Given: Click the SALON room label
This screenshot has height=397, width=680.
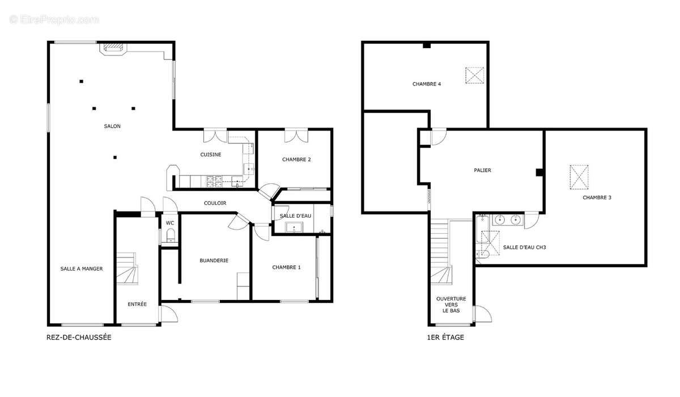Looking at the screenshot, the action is point(112,126).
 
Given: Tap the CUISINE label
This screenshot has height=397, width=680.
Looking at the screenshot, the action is point(211,155).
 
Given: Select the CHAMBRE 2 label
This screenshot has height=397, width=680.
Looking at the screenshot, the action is point(296,159).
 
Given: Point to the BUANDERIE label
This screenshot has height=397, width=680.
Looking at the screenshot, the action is point(214,260).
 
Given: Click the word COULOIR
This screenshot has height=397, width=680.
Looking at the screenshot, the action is point(215,203).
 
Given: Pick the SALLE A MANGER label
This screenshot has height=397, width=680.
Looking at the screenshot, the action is point(82,268).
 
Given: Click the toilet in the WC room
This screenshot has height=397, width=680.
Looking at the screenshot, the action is point(171,235).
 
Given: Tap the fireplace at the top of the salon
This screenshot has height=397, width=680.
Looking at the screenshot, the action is point(113,49).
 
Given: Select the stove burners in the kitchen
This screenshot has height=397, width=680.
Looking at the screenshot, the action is point(214,181).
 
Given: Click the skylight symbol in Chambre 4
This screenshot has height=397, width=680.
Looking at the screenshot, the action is point(475,75).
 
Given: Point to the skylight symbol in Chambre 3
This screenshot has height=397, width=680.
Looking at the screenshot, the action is point(579,177).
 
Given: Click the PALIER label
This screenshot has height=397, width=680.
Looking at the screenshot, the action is point(482,170).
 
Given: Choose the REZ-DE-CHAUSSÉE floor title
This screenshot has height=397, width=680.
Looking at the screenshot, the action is point(79,337).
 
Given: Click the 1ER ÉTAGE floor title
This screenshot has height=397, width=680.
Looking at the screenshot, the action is point(445,337).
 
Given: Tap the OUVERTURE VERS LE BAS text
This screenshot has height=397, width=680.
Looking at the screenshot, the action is point(451,305).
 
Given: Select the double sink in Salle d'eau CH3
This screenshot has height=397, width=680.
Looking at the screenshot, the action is point(508,219).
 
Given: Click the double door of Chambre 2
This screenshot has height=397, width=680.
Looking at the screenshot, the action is point(296,136).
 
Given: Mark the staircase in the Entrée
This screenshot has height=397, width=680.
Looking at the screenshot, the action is point(127,268).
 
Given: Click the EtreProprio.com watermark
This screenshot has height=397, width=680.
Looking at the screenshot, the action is point(54,20).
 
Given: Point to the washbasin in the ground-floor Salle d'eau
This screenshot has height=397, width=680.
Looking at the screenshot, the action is point(294,227).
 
